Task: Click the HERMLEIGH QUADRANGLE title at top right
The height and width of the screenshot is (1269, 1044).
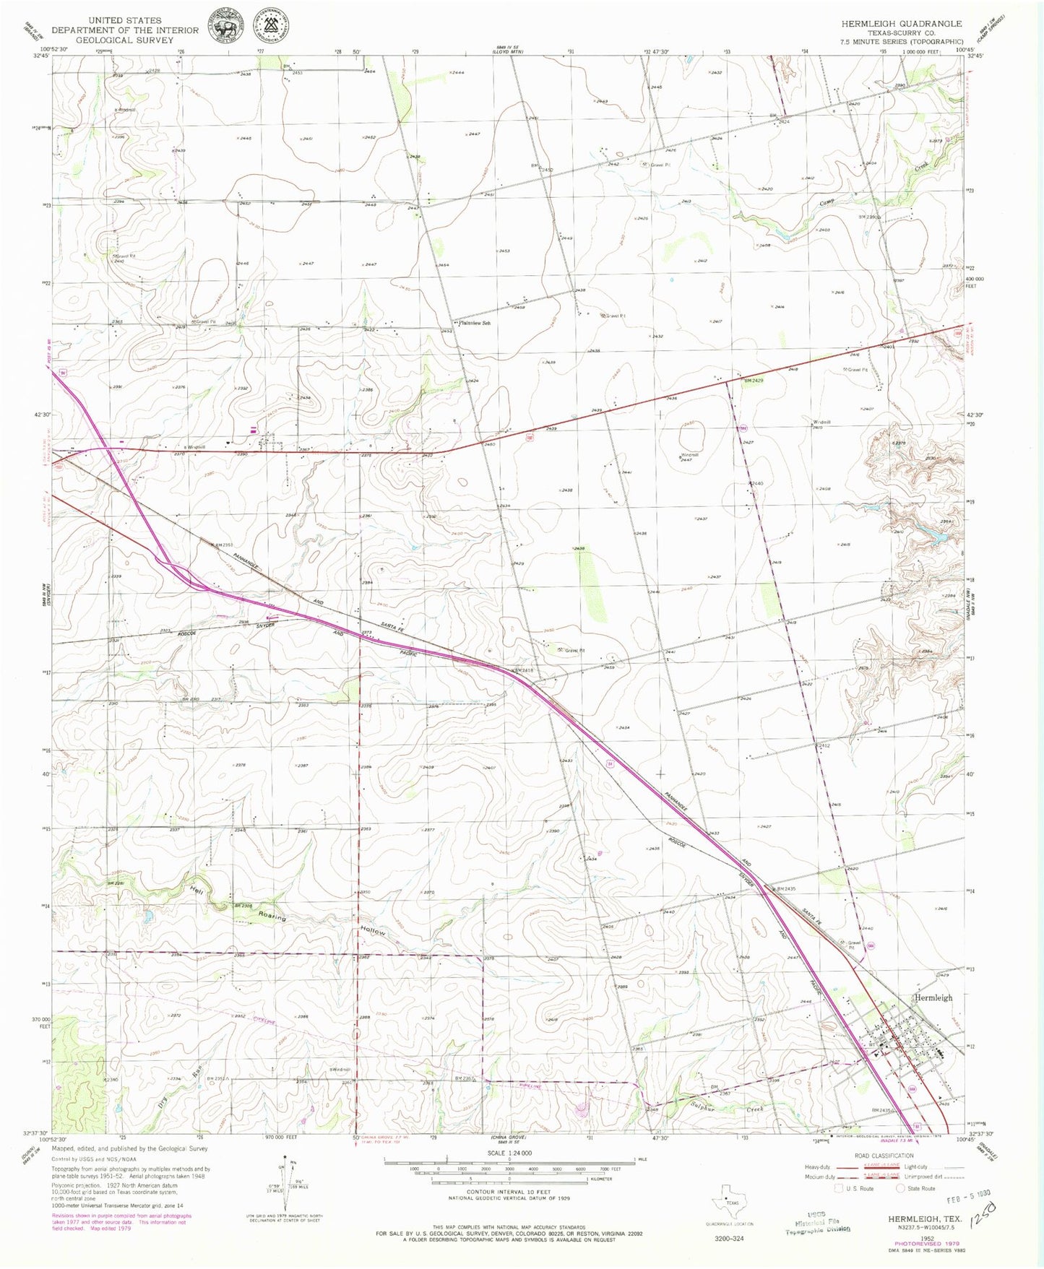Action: [x=901, y=24]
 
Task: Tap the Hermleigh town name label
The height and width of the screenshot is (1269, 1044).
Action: [x=933, y=997]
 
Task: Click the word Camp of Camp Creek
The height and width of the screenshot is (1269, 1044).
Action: [x=831, y=203]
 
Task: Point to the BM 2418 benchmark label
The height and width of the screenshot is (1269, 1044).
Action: [x=522, y=671]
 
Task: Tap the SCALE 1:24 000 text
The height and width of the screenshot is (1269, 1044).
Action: [x=509, y=1153]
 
